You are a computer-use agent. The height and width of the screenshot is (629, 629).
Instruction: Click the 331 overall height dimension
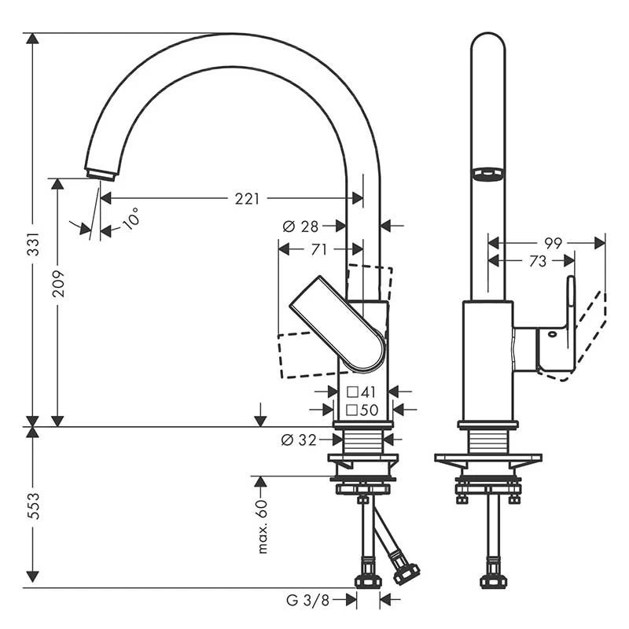click(32, 251)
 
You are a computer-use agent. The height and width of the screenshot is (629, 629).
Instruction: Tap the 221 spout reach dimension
click(246, 199)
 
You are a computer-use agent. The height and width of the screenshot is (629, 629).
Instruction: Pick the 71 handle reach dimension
click(318, 250)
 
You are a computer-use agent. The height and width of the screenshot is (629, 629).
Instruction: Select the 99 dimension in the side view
click(553, 243)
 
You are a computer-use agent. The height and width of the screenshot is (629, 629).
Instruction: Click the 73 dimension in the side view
click(537, 261)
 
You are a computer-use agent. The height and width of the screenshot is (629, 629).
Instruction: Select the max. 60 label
click(262, 526)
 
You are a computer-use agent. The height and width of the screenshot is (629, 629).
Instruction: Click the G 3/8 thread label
click(307, 601)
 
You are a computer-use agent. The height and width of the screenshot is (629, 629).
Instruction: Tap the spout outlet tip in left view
click(100, 174)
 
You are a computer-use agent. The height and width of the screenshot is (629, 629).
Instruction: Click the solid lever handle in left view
click(339, 323)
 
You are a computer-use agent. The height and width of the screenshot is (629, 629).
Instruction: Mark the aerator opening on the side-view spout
click(487, 173)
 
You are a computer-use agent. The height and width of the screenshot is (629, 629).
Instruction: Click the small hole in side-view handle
click(552, 334)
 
